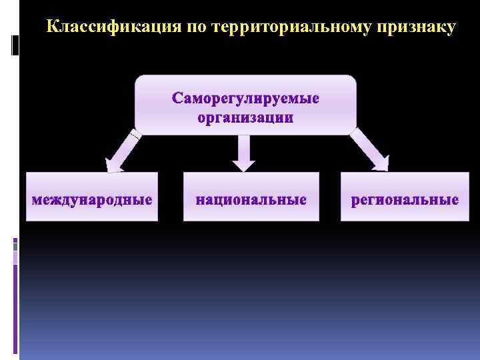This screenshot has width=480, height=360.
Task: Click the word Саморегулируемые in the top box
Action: pos(245,99)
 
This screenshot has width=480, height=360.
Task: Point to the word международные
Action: pos(92,199)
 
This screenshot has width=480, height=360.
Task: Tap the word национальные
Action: pos(251,199)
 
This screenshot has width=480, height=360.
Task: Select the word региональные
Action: pos(405,199)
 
